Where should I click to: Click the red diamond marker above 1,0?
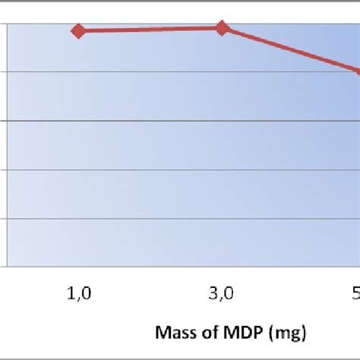[78, 30]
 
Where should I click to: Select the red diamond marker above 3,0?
[222, 28]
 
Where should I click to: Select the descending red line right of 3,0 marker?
[292, 50]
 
